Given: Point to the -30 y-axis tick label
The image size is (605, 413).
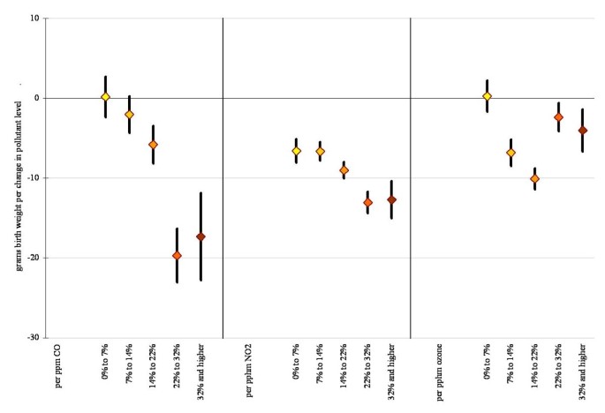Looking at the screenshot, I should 31,338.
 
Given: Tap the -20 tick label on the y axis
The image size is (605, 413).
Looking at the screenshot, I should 31,258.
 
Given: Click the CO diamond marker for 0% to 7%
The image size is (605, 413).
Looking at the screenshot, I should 105,97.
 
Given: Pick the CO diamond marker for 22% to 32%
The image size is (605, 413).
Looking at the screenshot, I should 177,255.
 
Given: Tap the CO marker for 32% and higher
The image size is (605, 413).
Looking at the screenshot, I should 200,237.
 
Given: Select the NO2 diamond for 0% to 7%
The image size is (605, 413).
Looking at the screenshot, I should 296,151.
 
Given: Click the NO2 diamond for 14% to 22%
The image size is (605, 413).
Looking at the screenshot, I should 344,170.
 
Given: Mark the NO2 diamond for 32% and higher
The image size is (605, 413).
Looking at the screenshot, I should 391,200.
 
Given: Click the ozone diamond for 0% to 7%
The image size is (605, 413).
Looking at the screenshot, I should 487,96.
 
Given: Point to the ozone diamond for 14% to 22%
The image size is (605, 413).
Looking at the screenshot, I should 534,178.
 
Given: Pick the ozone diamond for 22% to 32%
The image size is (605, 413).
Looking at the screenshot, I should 558,117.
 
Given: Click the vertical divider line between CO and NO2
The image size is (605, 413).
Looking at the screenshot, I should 223,176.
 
